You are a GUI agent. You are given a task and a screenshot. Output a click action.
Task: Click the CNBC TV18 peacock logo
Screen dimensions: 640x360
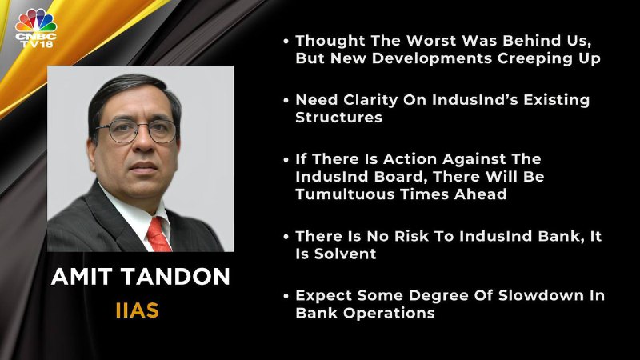pos(36,29)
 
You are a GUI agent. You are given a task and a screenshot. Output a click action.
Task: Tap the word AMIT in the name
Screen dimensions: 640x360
pos(82,276)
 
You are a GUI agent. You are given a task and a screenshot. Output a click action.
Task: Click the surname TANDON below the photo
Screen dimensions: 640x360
pos(176,276)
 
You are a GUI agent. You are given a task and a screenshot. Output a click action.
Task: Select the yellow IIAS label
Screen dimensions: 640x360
pos(137,310)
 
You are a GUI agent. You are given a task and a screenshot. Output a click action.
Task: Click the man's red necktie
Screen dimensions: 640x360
pos(158,234)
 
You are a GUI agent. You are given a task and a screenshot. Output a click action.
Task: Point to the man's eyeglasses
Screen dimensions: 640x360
pos(136,130)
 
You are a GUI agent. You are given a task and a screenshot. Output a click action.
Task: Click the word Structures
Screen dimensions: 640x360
pos(338,118)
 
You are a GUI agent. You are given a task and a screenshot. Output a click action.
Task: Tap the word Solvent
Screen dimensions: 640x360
pos(345,254)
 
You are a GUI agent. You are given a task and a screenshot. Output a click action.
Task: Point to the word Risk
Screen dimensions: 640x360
pos(410,236)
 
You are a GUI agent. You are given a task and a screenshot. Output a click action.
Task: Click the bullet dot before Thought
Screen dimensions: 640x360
pos(286,41)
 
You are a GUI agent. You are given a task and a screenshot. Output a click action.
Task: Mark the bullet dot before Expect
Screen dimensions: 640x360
pos(286,296)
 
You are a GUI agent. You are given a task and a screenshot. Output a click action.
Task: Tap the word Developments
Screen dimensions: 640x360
pos(432,58)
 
